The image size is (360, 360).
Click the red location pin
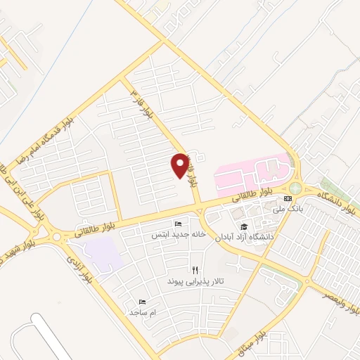[x=181, y=165]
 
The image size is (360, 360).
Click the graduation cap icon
[x=243, y=226]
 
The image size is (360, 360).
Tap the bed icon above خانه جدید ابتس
[x=178, y=224]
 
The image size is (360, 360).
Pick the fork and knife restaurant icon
[x=195, y=270]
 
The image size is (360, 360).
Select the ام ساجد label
[x=143, y=311]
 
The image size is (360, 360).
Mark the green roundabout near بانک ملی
[x=295, y=188]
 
